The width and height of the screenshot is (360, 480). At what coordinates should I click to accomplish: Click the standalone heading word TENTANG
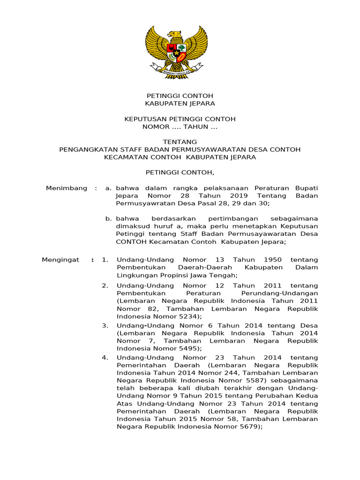tap(180, 142)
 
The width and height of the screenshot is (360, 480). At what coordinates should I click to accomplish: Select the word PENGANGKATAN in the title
tap(83, 150)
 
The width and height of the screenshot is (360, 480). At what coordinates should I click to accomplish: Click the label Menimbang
tap(67, 188)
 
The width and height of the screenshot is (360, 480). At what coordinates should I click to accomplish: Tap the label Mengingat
tap(60, 259)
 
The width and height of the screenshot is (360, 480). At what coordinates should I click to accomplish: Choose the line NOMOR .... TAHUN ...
tap(180, 127)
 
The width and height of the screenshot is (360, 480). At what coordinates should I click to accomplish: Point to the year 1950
tap(273, 259)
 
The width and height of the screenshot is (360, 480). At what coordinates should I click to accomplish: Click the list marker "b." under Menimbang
tap(109, 218)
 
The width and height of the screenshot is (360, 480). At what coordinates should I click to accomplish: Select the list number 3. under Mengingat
tap(105, 325)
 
